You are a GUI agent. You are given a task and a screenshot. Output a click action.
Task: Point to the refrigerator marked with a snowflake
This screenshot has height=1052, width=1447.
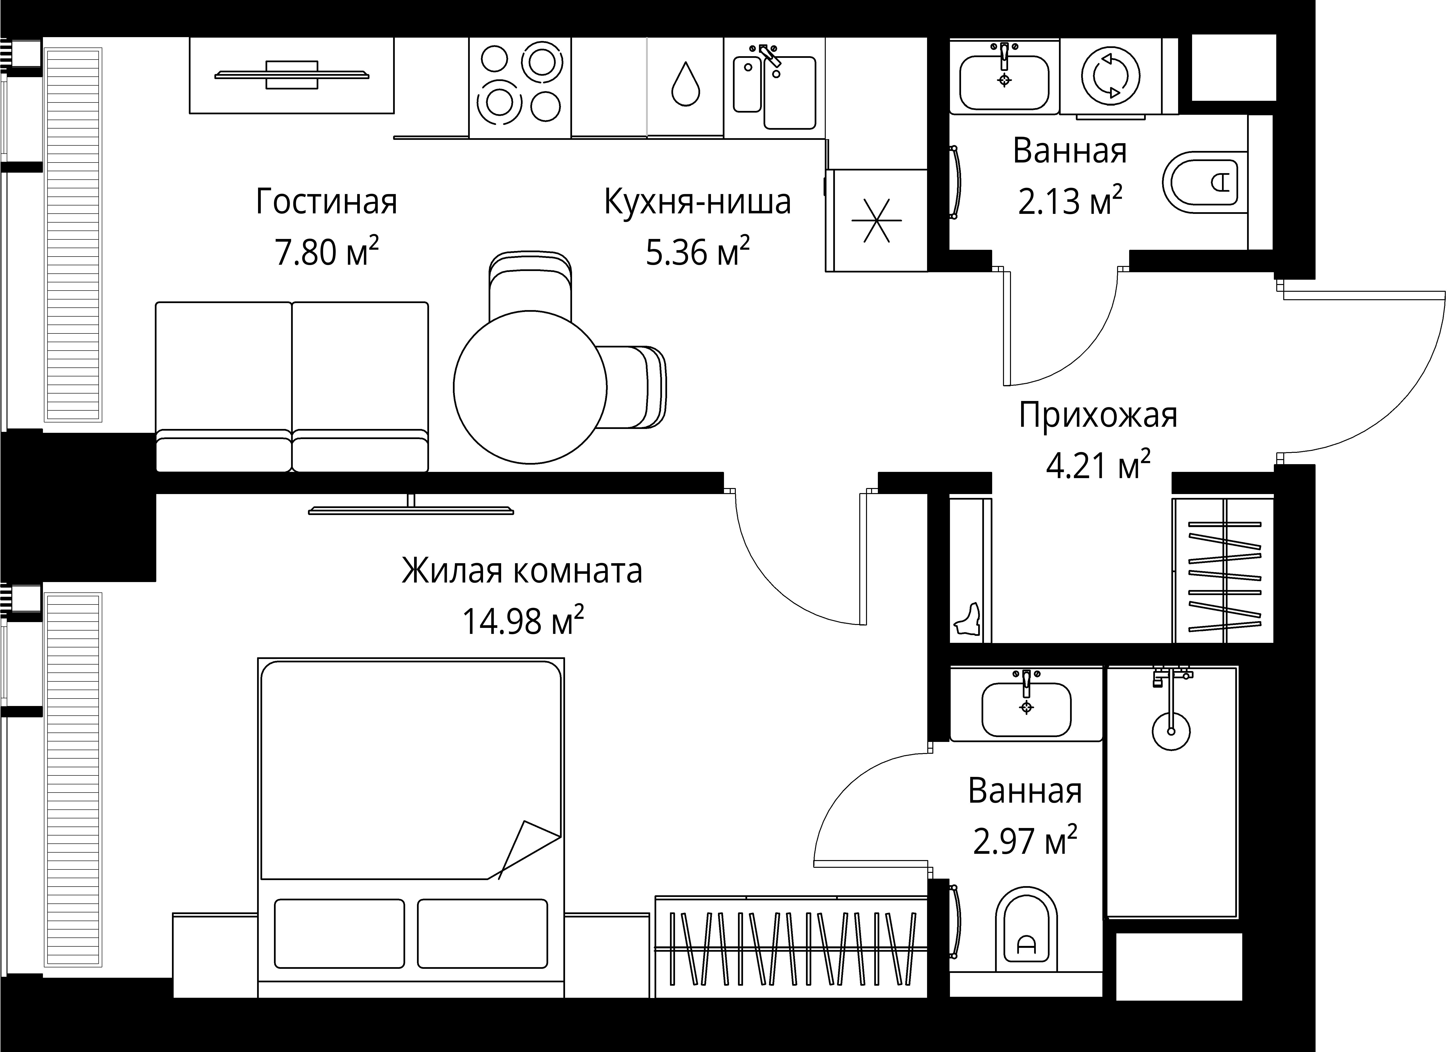click(877, 220)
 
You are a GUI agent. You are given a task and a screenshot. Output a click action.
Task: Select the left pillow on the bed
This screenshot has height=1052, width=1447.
click(339, 933)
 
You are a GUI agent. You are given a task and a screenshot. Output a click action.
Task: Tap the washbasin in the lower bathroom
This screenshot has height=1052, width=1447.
click(1026, 708)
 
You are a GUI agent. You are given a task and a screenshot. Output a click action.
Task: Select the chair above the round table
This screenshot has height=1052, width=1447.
click(530, 284)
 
